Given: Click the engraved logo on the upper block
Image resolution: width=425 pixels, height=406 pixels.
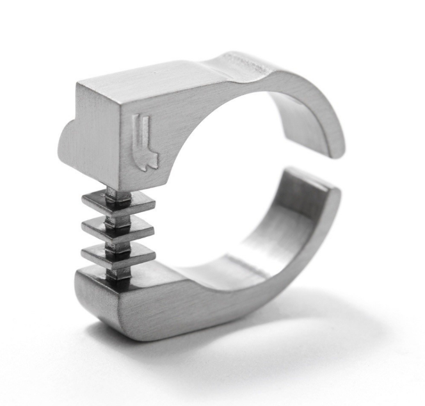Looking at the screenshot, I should [x=146, y=142].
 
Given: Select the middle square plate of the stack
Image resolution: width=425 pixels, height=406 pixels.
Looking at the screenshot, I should [x=118, y=228].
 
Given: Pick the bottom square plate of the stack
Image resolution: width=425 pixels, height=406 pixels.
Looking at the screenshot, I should [x=118, y=255].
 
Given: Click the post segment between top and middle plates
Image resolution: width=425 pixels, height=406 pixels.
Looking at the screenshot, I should [x=118, y=216].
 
